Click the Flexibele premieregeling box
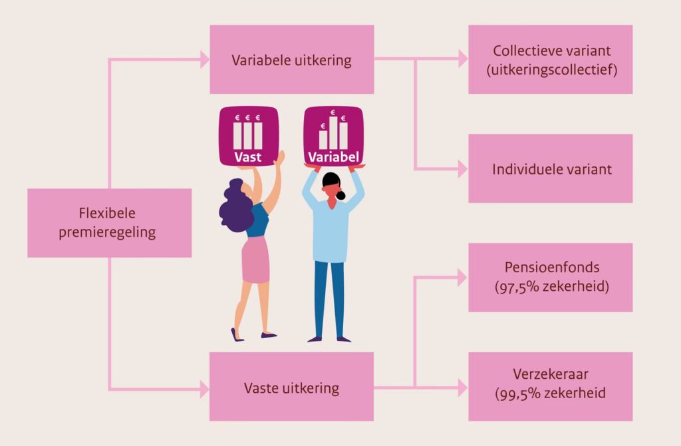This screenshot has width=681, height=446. pos(109,223)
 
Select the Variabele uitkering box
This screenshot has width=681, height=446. pos(291,60)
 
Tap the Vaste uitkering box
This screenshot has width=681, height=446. pos(291,387)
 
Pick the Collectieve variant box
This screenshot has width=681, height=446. pos(550,60)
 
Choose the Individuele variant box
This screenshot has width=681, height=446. pos(550,168)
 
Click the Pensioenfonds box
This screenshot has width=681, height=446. pos(550,277)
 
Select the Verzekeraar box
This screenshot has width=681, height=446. pos(550,386)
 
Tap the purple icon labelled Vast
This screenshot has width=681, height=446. pos(247,136)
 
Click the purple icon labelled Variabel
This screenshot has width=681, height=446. pos(333,136)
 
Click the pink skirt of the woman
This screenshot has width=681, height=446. pos(256,259)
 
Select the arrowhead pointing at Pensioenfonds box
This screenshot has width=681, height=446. pos(462,277)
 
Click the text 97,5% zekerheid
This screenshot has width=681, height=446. pos(552,287)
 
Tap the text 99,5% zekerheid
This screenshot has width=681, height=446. pos(551,393)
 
